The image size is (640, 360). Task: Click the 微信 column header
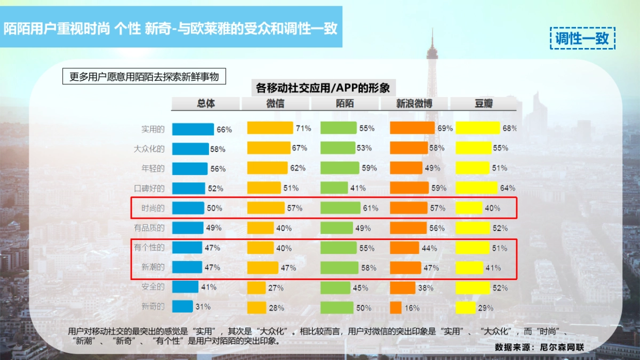pos(275,104)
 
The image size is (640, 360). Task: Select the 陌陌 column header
pos(345,104)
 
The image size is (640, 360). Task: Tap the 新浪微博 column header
pos(414,104)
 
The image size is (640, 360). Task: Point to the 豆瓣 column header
pos(484,104)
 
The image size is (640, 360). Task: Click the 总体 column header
pos(206,104)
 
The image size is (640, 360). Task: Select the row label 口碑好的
pos(149,188)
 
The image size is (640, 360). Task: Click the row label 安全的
pos(153,287)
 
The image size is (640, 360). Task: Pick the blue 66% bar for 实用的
pos(193,129)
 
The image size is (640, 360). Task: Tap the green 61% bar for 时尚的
pos(340,208)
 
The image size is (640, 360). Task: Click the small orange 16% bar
pos(396,308)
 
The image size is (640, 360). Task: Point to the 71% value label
pos(303,129)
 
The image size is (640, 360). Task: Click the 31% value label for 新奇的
pos(203,307)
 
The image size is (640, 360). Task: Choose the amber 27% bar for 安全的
pos(256,287)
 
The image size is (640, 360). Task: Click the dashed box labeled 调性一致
pos(582,38)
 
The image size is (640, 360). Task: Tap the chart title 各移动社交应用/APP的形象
pos(323,87)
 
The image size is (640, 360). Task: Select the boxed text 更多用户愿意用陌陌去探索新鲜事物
pos(144,77)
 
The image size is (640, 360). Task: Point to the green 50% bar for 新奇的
pos(337,308)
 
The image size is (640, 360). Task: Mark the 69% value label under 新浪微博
pos(445,129)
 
